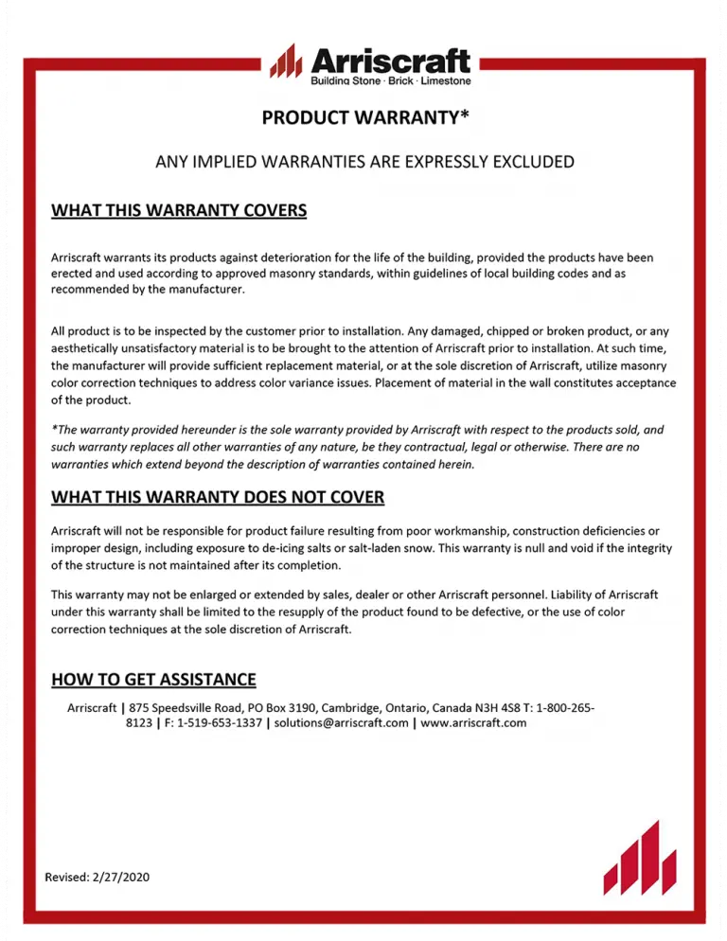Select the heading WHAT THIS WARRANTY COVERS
(x=179, y=209)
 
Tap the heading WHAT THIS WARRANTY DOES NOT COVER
(x=218, y=497)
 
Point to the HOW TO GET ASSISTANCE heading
(x=153, y=679)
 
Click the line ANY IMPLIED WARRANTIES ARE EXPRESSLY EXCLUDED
(x=364, y=162)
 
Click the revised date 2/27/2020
(x=121, y=877)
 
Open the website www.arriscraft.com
(x=473, y=722)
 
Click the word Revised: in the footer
(x=67, y=877)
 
